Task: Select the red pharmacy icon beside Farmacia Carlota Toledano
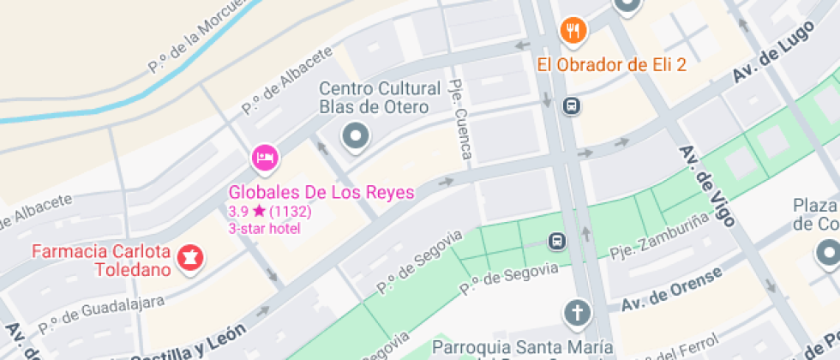click(189, 256)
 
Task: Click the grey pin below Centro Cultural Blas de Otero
click(354, 135)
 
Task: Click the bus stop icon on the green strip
click(557, 241)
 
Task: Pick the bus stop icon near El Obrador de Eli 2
click(570, 105)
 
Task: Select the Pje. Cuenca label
click(461, 120)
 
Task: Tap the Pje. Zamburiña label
click(651, 243)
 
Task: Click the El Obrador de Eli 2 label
click(612, 64)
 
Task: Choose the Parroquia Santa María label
click(523, 348)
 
